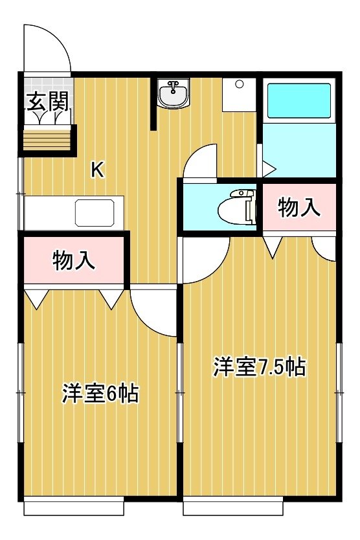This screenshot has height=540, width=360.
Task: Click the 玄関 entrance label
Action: pyautogui.click(x=48, y=101)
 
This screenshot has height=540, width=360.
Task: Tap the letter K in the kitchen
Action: pyautogui.click(x=98, y=170)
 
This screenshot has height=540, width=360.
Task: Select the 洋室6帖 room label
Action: pyautogui.click(x=100, y=393)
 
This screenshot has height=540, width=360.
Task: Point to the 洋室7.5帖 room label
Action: pyautogui.click(x=260, y=366)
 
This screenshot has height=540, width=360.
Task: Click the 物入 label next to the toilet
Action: pyautogui.click(x=298, y=207)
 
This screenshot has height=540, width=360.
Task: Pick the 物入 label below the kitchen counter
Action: pyautogui.click(x=74, y=260)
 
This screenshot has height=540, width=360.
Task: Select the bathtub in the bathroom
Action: pyautogui.click(x=299, y=100)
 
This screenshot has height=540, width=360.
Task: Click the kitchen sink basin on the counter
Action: pyautogui.click(x=95, y=212)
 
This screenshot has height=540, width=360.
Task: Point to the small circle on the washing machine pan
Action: pyautogui.click(x=240, y=84)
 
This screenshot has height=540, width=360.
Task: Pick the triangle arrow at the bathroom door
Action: pyautogui.click(x=269, y=169)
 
